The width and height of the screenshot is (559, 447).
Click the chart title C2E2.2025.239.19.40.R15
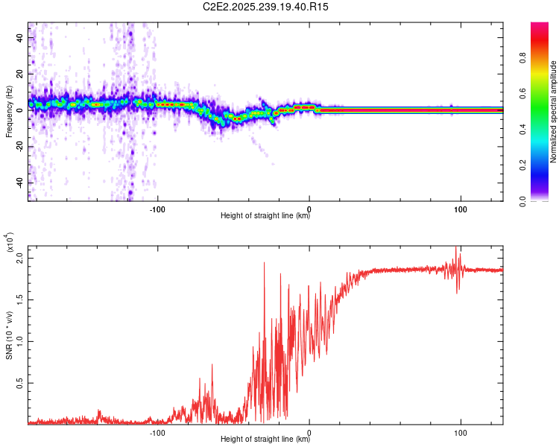tap(266, 7)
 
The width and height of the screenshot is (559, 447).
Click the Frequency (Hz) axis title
tap(10, 112)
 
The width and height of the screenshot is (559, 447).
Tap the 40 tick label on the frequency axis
tap(22, 37)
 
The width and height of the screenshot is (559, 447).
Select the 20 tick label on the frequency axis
tap(22, 73)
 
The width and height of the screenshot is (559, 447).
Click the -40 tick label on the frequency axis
tap(21, 183)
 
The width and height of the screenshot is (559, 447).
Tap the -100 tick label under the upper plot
tap(157, 208)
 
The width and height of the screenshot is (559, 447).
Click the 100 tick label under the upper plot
tap(461, 208)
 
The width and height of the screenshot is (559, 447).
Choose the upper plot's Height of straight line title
tap(265, 216)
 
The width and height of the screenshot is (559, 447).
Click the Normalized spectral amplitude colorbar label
tap(554, 112)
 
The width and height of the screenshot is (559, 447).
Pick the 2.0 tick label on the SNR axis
tap(21, 258)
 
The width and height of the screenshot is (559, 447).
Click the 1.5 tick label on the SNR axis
tap(21, 299)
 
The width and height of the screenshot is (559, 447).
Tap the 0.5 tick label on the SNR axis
tap(21, 383)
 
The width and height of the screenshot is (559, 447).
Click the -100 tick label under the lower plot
tap(157, 431)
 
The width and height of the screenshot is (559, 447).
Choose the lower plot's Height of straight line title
tap(265, 440)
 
